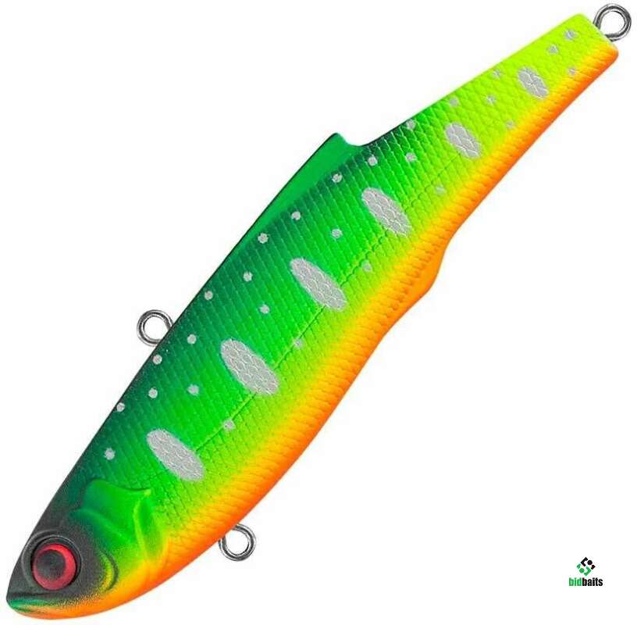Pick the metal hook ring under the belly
click(237, 541)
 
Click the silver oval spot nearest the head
click(175, 453)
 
